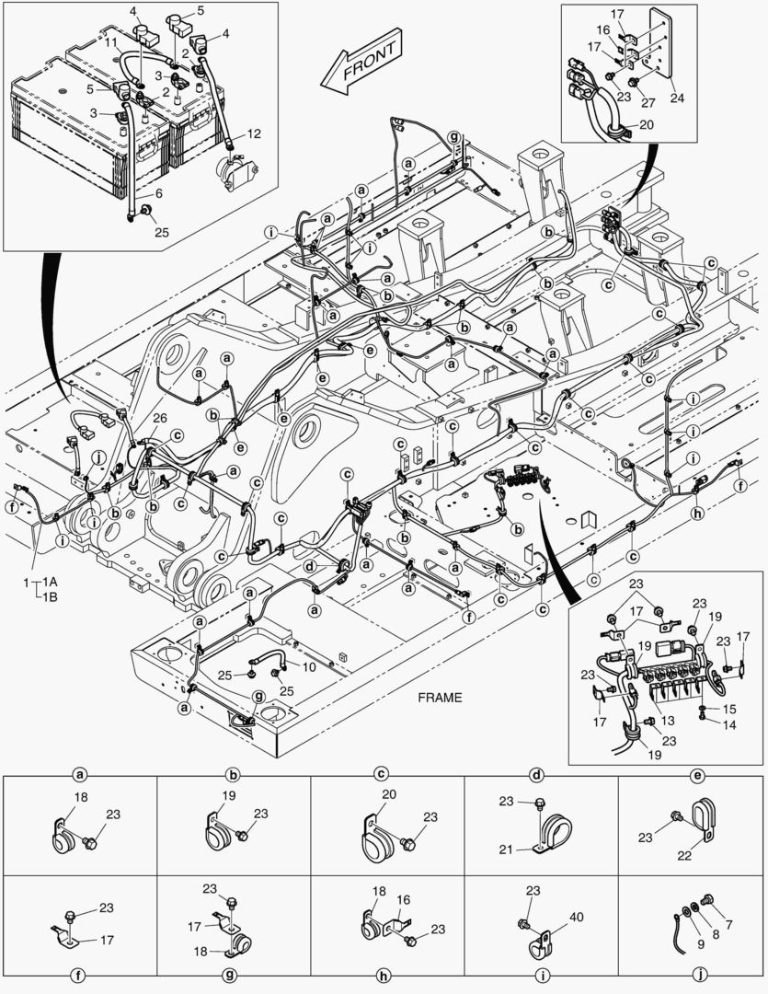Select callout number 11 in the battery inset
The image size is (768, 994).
tap(109, 43)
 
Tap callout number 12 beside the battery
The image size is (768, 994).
tap(254, 134)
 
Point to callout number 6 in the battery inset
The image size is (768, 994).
tap(158, 193)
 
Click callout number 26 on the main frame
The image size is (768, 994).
tap(160, 419)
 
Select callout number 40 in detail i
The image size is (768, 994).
tap(577, 916)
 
